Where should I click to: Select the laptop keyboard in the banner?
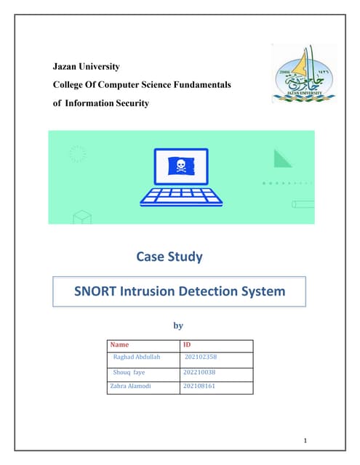pos(180,195)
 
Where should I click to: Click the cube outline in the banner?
pos(81,216)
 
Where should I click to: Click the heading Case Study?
pos(169,256)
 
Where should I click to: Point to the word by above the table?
pos(177,326)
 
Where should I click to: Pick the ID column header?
pos(187,345)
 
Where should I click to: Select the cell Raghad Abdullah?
pos(137,357)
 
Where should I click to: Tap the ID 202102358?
pos(201,357)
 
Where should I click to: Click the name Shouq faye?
pos(129,372)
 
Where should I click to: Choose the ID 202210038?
pos(199,372)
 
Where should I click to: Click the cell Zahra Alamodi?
pos(130,386)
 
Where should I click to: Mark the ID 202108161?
pos(199,386)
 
